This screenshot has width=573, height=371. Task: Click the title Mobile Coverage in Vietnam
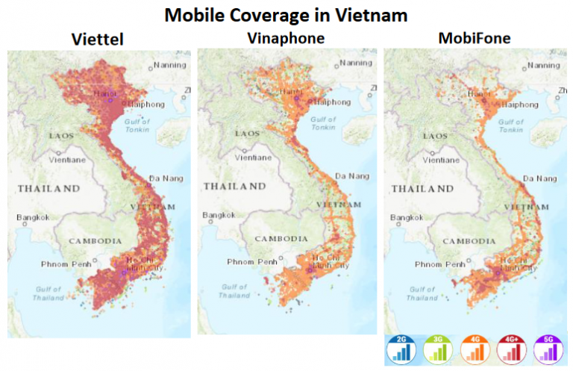pyautogui.click(x=286, y=15)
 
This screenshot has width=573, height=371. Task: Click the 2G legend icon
pyautogui.click(x=401, y=349)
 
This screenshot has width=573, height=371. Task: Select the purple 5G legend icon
pyautogui.click(x=550, y=349)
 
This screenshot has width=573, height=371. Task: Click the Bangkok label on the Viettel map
pyautogui.click(x=33, y=218)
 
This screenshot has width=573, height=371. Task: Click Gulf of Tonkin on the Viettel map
pyautogui.click(x=137, y=125)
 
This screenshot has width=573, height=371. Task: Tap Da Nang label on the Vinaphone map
pyautogui.click(x=353, y=176)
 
